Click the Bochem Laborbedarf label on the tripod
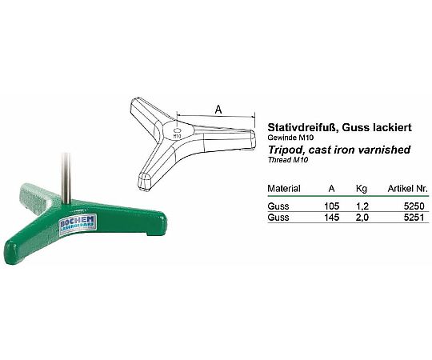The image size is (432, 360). point(78,223)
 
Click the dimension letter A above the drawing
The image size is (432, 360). point(218,110)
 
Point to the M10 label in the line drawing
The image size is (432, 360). point(177,136)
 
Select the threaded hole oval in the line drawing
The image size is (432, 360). point(178,130)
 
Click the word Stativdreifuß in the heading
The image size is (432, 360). point(302,127)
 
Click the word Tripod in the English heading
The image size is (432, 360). point(286,150)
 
